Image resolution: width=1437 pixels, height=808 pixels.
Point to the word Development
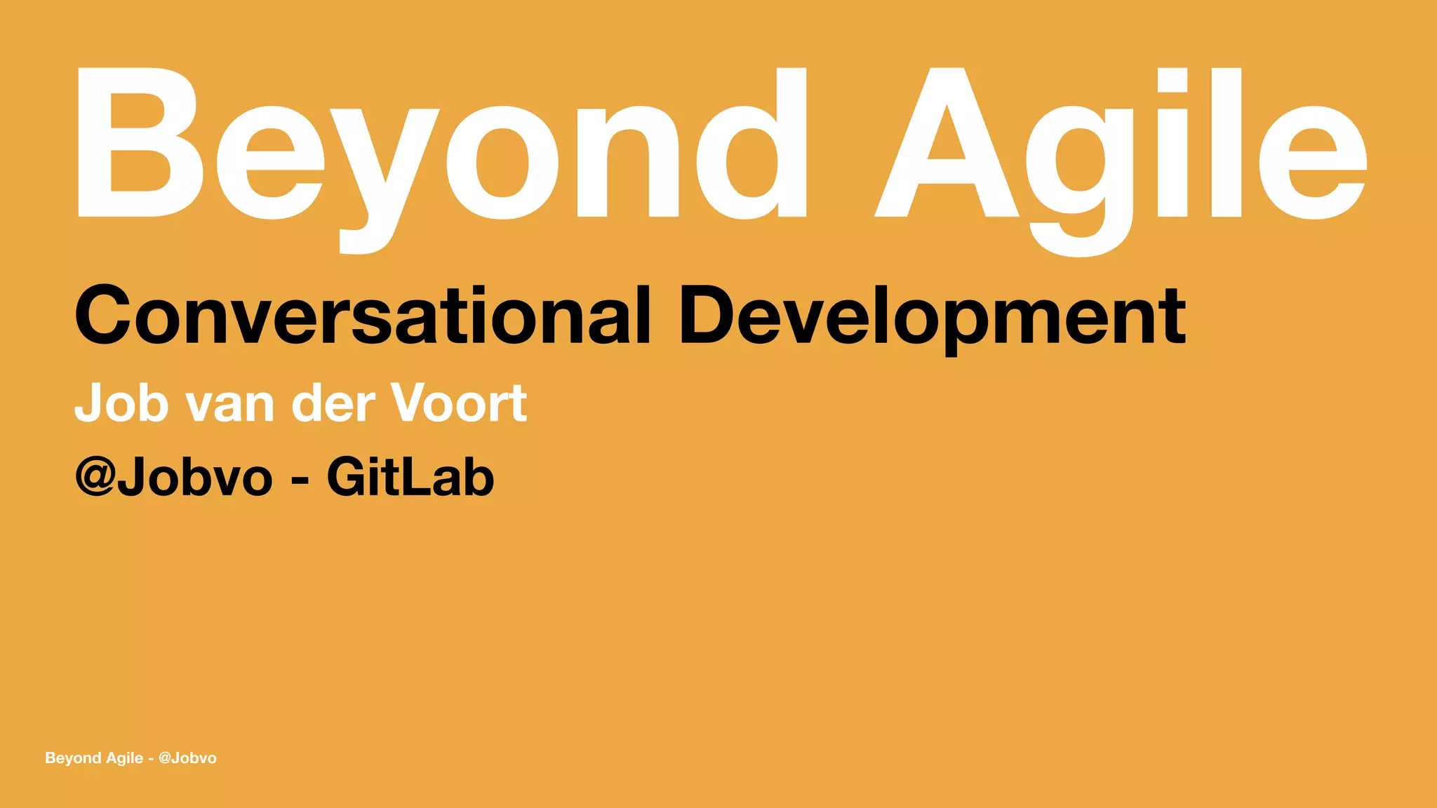[x=933, y=316]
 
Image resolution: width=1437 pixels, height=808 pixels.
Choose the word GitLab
[x=410, y=477]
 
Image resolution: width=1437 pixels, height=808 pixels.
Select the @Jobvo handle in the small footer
[x=187, y=758]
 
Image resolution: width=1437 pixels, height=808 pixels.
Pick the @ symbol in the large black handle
[x=95, y=477]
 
